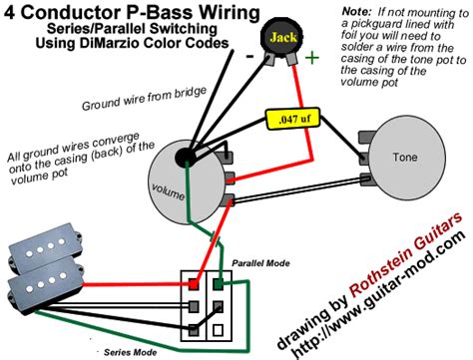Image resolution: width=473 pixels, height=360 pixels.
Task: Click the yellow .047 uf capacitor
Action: tap(292, 119)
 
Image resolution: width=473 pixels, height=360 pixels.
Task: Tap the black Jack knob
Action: tap(283, 37)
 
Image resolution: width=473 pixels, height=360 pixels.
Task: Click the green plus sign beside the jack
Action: tap(312, 58)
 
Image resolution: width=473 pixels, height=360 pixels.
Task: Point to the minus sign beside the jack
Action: tap(249, 57)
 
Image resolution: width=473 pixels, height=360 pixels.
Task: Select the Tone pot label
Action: tap(405, 157)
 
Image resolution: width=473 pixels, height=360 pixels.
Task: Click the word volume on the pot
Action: tap(168, 191)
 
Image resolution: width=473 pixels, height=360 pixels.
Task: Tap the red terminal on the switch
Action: tap(194, 284)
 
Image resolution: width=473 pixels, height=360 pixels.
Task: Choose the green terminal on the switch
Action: tap(218, 284)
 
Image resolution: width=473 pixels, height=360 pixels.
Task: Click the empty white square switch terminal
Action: tap(218, 330)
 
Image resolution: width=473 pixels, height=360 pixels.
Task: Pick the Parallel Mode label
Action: tap(260, 263)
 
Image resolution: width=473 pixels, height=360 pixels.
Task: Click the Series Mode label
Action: tap(130, 352)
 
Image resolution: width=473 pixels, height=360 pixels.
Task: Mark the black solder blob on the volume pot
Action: tap(185, 157)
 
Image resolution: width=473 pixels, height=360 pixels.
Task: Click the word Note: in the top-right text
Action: tap(356, 12)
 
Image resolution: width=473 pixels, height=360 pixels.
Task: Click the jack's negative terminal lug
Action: tap(269, 59)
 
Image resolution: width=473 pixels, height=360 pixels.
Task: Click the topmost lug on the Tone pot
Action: tap(366, 137)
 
